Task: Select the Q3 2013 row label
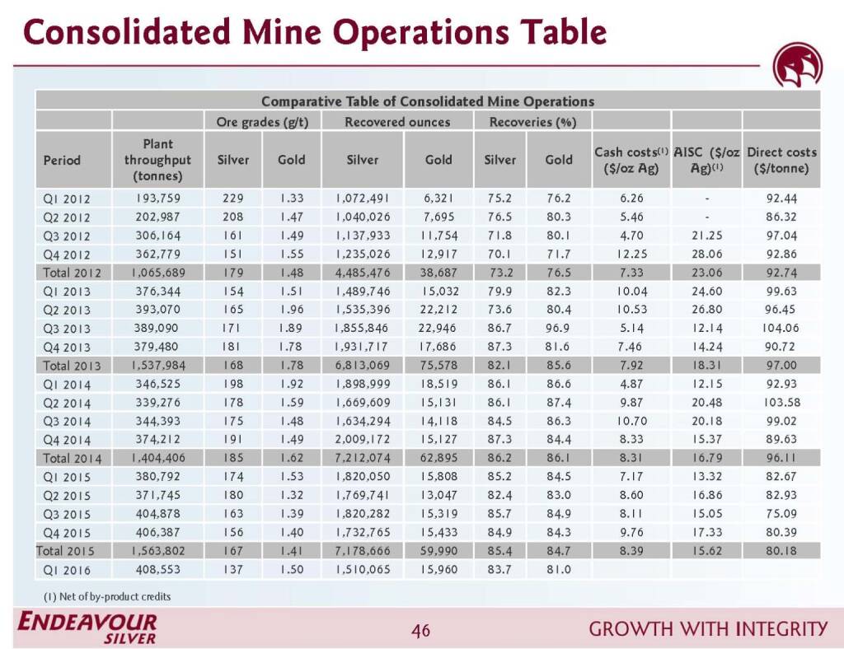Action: click(67, 329)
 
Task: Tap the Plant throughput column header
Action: click(157, 160)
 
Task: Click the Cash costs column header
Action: click(631, 160)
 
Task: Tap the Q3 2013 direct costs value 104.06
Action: click(781, 329)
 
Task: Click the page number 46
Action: click(421, 631)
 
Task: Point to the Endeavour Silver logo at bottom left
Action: click(87, 628)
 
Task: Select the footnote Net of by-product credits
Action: click(107, 596)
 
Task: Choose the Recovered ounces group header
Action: click(397, 122)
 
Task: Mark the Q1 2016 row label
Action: click(67, 570)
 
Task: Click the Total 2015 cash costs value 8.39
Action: click(631, 551)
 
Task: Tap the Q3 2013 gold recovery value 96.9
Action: click(558, 329)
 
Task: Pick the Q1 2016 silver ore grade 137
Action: click(232, 570)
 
